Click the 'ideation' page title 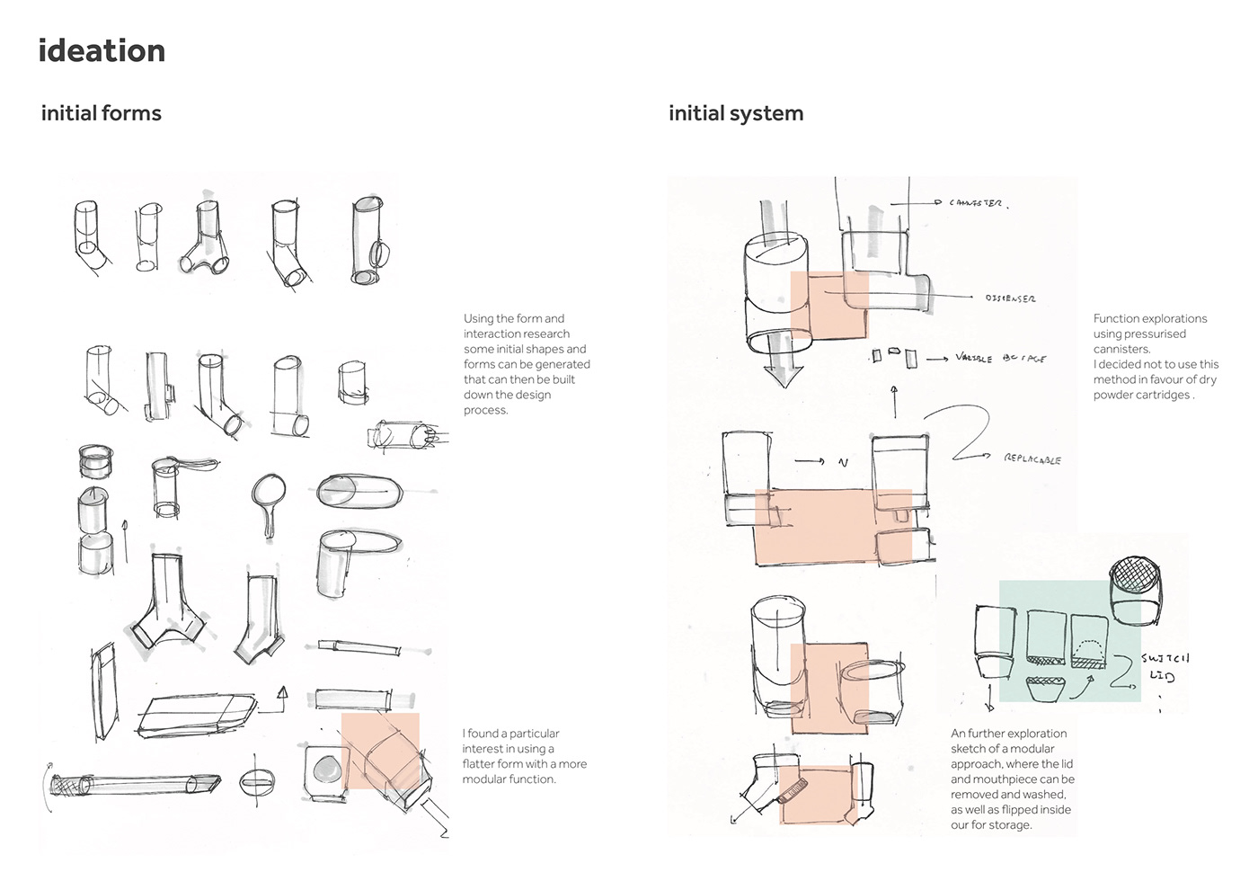pos(102,51)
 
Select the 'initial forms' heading pos(101,113)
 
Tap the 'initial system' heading pos(735,113)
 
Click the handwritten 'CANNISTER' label pos(978,203)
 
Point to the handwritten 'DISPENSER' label pos(1010,298)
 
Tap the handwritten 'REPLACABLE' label pos(1032,459)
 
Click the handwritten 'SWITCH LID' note pos(1165,667)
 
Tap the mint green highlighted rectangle pos(1069,640)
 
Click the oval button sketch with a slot pos(256,782)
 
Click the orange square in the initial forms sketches pos(379,752)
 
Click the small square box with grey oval pos(325,770)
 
